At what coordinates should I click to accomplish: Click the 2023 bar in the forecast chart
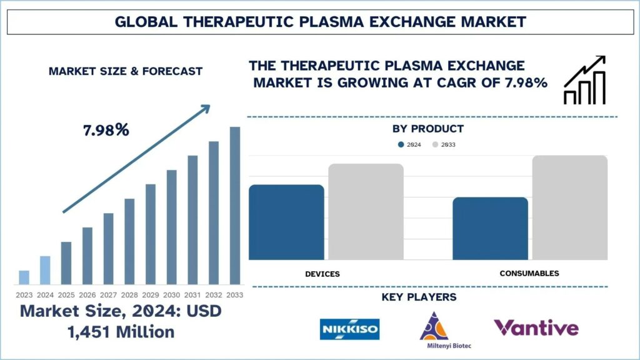24,277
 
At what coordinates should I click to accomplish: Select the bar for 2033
235,206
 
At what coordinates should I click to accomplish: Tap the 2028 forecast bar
129,242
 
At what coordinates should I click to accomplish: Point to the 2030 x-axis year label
171,295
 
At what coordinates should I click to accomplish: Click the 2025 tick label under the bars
66,295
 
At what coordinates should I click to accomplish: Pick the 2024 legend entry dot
401,144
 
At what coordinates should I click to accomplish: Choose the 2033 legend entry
444,144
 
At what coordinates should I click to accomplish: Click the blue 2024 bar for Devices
286,222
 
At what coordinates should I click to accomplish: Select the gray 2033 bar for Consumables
570,207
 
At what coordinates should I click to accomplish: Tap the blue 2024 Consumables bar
490,229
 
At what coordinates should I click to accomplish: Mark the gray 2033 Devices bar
366,211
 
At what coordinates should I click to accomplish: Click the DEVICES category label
322,274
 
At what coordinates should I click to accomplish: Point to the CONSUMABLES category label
529,274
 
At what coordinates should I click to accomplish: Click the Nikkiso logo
350,329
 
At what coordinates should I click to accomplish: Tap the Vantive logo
536,327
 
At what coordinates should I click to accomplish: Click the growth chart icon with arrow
585,80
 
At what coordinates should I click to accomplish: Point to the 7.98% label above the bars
106,130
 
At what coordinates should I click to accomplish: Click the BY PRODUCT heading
428,129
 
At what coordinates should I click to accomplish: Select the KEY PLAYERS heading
419,297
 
